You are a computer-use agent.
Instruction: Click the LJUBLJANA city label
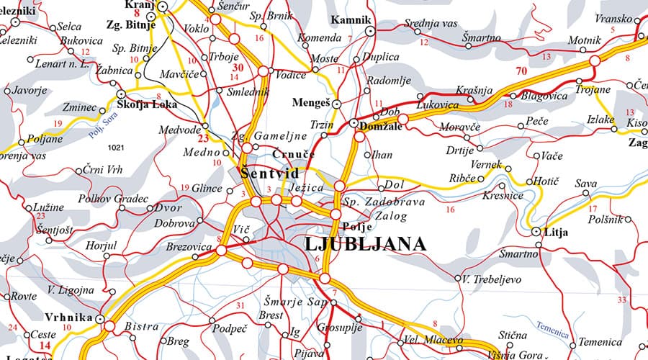[x=365, y=244]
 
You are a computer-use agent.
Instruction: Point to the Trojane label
[x=593, y=91]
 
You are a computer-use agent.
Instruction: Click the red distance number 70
[x=521, y=71]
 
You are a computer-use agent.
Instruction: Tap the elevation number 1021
[x=115, y=148]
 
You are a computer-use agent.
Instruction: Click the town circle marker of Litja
[x=536, y=232]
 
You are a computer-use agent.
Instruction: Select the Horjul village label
[x=101, y=246]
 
